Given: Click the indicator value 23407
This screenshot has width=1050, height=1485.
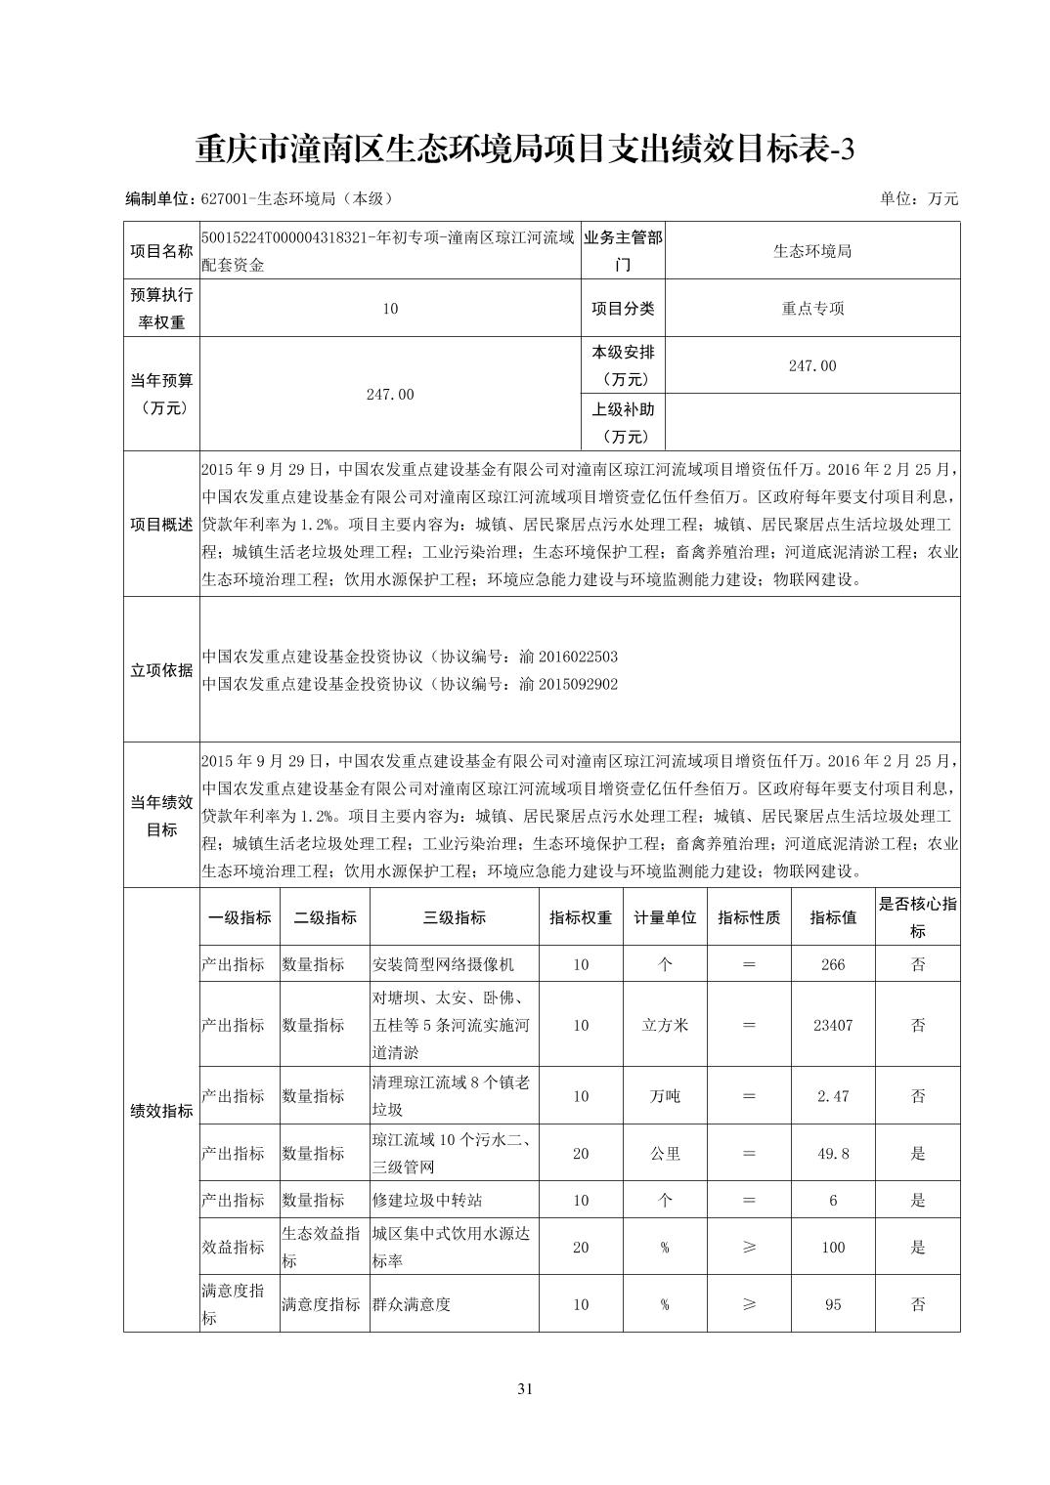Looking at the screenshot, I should click(833, 1025).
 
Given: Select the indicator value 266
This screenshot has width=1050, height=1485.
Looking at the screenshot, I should click(833, 964).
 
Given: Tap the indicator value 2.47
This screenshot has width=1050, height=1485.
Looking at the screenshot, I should click(833, 1096).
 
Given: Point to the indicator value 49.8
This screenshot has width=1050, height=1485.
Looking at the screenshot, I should click(833, 1153).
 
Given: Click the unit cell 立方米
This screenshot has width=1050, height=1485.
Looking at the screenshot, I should click(665, 1025).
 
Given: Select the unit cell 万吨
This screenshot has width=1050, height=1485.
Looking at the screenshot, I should click(665, 1096).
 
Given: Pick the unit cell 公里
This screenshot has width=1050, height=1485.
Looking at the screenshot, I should click(665, 1153).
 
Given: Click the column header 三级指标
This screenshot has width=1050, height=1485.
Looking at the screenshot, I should click(454, 917).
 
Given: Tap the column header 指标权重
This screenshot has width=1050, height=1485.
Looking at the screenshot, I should click(581, 917).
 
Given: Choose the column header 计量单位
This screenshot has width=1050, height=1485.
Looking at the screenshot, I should click(665, 917).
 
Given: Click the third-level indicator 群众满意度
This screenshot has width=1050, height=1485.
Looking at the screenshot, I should click(411, 1304).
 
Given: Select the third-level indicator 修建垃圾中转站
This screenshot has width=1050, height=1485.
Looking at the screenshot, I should click(427, 1200).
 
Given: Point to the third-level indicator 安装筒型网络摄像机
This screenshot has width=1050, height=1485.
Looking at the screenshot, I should click(443, 964).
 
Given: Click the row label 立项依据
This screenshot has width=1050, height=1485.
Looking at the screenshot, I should click(161, 670).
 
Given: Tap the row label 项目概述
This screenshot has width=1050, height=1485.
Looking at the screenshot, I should click(161, 524).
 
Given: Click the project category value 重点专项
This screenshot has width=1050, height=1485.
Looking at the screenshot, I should click(812, 309).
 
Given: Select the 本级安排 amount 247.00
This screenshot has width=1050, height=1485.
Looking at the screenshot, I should click(812, 365).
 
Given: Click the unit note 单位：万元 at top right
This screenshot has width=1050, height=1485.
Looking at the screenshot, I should click(919, 198).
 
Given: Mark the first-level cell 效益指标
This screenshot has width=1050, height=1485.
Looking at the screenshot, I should click(233, 1247).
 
